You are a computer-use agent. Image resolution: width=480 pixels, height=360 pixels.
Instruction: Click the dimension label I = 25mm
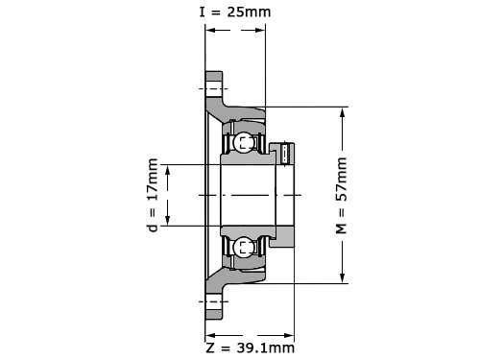pyautogui.click(x=235, y=12)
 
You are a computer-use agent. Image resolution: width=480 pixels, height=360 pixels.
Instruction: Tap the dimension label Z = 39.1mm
pyautogui.click(x=250, y=348)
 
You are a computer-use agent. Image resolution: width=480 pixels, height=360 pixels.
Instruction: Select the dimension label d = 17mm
pyautogui.click(x=153, y=195)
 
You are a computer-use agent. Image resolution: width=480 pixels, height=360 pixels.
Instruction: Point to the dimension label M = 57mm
pyautogui.click(x=341, y=196)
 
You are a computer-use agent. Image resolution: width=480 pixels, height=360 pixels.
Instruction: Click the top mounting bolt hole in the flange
pyautogui.click(x=214, y=88)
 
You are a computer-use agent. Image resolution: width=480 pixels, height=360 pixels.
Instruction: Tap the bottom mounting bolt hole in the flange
pyautogui.click(x=214, y=301)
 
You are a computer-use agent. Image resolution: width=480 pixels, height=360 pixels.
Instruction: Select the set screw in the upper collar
pyautogui.click(x=286, y=155)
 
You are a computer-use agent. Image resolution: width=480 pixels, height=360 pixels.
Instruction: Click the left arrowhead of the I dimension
pyautogui.click(x=209, y=31)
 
